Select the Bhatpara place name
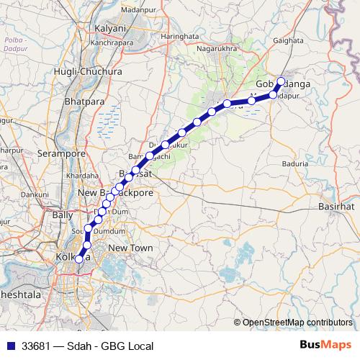tap(85, 102)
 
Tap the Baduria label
tap(294, 163)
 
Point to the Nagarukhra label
tap(217, 50)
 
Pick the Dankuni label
tap(34, 194)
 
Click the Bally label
tap(63, 215)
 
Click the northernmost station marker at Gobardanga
tap(282, 81)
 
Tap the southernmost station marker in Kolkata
tap(79, 270)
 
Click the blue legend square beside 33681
tap(9, 346)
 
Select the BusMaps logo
tap(325, 346)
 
